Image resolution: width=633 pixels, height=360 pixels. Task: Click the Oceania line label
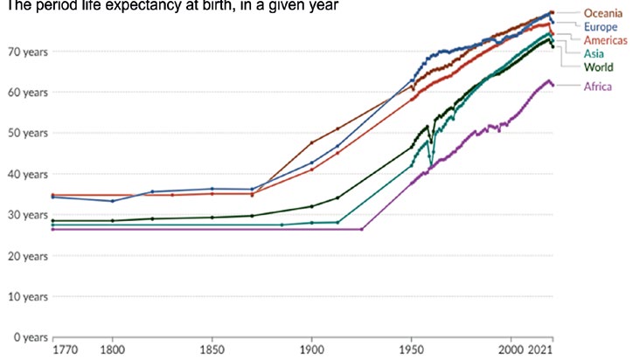pyautogui.click(x=602, y=13)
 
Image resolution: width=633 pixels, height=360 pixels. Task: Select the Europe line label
pyautogui.click(x=601, y=27)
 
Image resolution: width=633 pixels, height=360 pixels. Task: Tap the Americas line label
pyautogui.click(x=606, y=40)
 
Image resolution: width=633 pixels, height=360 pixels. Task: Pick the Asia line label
pyautogui.click(x=594, y=53)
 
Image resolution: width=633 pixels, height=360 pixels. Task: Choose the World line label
pyautogui.click(x=598, y=67)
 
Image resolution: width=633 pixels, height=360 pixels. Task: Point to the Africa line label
pyautogui.click(x=597, y=87)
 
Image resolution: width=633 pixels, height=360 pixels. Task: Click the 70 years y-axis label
pyautogui.click(x=27, y=52)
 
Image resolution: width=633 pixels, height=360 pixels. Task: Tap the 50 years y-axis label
pyautogui.click(x=27, y=133)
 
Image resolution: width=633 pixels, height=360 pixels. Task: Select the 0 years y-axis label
pyautogui.click(x=31, y=337)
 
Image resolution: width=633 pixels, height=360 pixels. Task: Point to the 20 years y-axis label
pyautogui.click(x=27, y=256)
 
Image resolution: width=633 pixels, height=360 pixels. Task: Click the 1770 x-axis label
pyautogui.click(x=65, y=350)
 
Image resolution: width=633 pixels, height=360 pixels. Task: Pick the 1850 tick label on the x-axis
pyautogui.click(x=212, y=350)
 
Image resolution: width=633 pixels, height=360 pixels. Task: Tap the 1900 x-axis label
pyautogui.click(x=311, y=350)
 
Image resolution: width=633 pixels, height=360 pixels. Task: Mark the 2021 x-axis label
pyautogui.click(x=540, y=350)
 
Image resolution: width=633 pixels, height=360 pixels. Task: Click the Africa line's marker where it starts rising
pyautogui.click(x=361, y=229)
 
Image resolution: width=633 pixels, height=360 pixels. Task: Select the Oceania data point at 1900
pyautogui.click(x=311, y=142)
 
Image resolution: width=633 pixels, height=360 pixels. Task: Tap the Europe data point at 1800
pyautogui.click(x=112, y=201)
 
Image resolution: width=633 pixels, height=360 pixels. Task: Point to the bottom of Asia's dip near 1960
pyautogui.click(x=431, y=166)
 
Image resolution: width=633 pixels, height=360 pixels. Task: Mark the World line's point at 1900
pyautogui.click(x=311, y=206)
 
